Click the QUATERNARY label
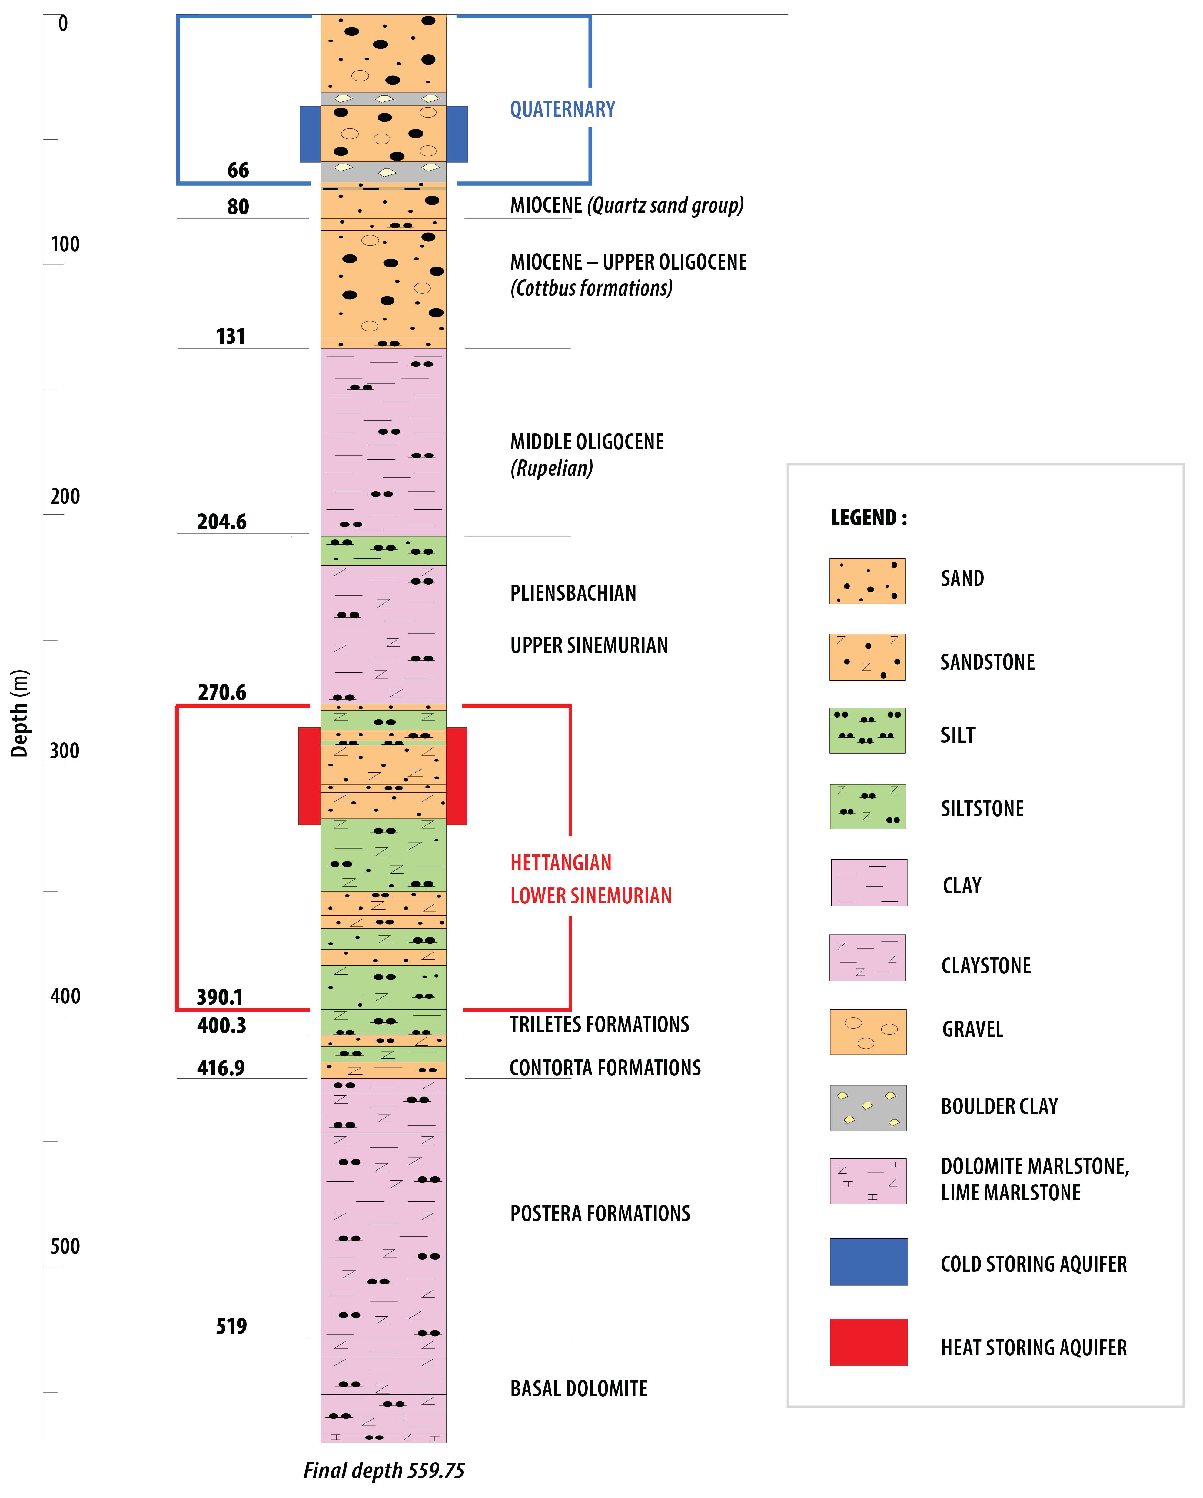(x=562, y=109)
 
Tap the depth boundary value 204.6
(x=222, y=522)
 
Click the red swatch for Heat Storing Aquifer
(x=868, y=1342)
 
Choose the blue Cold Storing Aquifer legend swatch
(x=868, y=1261)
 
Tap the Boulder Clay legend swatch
(x=868, y=1108)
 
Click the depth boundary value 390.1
(x=220, y=997)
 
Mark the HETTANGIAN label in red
(x=561, y=863)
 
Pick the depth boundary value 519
(x=231, y=1326)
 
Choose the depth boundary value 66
(x=238, y=170)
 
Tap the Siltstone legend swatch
(x=868, y=807)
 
